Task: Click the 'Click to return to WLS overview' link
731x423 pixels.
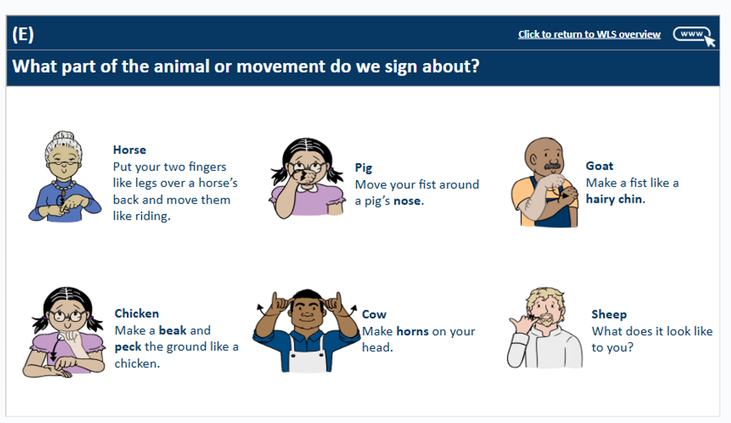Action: tap(590, 34)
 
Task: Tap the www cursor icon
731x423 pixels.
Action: tap(694, 36)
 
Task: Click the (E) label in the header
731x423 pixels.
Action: tap(23, 34)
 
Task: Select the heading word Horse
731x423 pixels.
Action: tap(130, 150)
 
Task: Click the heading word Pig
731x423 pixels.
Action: tap(364, 168)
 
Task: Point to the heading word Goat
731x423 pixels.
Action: tap(599, 166)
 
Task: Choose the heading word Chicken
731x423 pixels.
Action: tap(136, 313)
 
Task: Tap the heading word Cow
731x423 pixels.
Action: tap(374, 315)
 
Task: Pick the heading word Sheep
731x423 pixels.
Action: tap(609, 315)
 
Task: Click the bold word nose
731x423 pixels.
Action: tap(407, 201)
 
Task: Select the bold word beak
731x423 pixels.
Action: tap(172, 330)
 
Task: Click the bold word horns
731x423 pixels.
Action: tap(412, 331)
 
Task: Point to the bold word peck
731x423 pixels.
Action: tap(128, 347)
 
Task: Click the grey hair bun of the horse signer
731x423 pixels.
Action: tap(63, 136)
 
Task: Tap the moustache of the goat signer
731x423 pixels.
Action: tap(552, 166)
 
